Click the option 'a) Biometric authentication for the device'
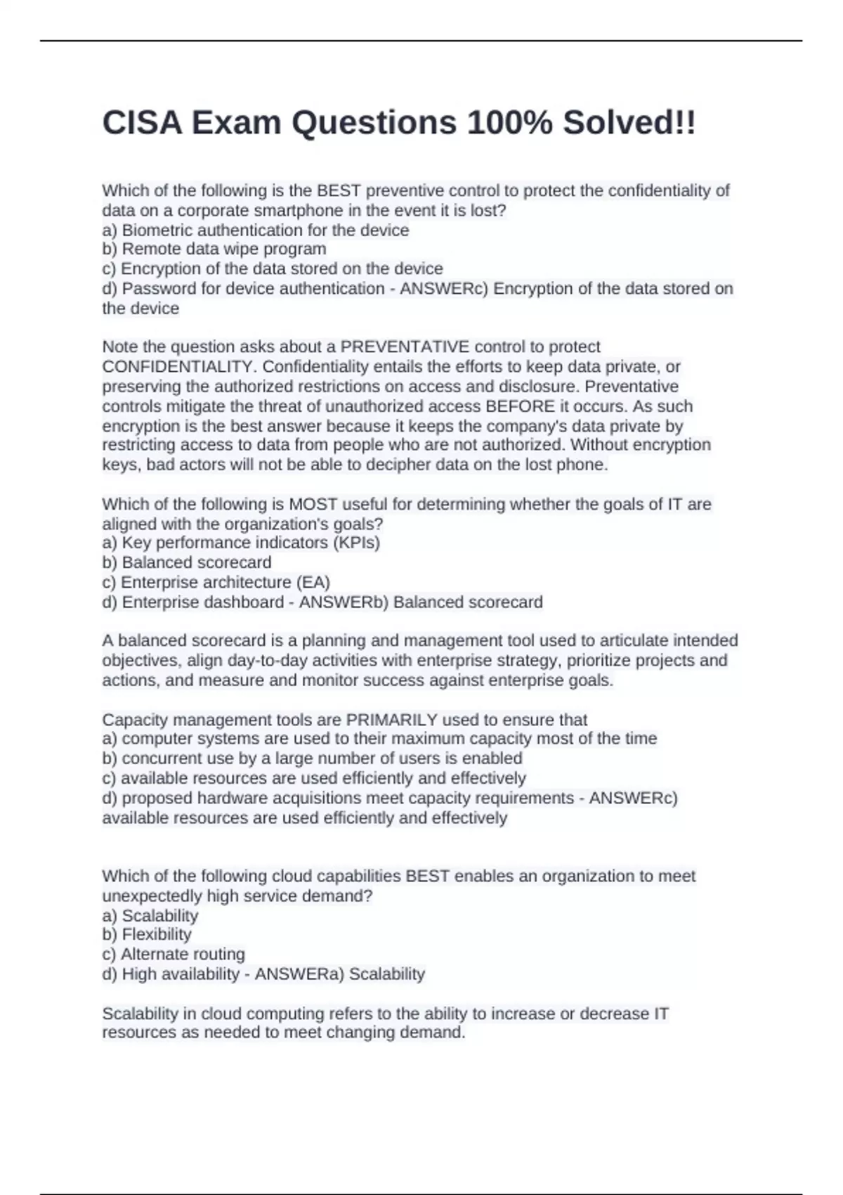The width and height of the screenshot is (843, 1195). pyautogui.click(x=255, y=230)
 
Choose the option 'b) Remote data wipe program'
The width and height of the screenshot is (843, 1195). pyautogui.click(x=214, y=249)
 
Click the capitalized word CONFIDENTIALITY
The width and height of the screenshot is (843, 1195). pyautogui.click(x=178, y=366)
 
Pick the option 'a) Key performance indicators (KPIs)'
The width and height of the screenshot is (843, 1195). pyautogui.click(x=241, y=543)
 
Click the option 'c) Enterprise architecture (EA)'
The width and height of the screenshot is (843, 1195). pyautogui.click(x=216, y=582)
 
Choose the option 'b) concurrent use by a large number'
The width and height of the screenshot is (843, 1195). pyautogui.click(x=312, y=758)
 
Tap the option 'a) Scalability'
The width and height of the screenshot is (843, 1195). pyautogui.click(x=150, y=915)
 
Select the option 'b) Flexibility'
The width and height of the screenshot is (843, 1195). pyautogui.click(x=146, y=934)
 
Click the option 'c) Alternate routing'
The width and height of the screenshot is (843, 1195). pyautogui.click(x=173, y=954)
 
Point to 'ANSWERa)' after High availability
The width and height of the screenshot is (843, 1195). pyautogui.click(x=299, y=974)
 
